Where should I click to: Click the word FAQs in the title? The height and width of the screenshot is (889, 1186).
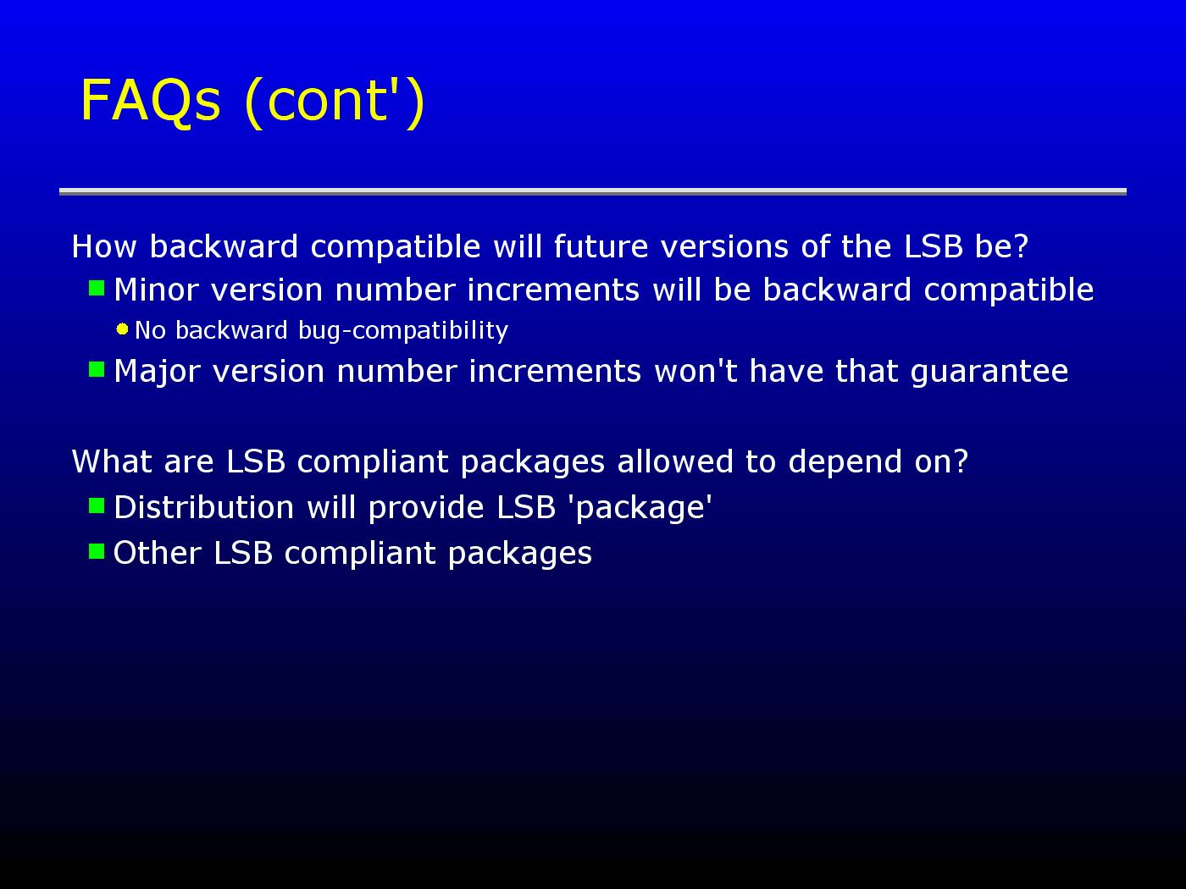[151, 101]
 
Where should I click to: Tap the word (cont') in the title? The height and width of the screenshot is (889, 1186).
[335, 102]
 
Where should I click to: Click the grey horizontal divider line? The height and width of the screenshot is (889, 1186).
[593, 191]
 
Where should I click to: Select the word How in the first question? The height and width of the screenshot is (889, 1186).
[104, 246]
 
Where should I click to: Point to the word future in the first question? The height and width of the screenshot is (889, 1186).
[601, 246]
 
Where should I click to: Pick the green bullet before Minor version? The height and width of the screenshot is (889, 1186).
[97, 288]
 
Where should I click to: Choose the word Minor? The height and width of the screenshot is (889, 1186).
[156, 290]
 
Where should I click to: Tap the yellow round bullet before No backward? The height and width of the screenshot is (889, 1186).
[123, 329]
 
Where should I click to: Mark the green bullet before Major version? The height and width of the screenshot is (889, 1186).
[97, 370]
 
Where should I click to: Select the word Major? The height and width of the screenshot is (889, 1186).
[158, 373]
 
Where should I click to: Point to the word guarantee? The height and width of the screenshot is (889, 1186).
[989, 373]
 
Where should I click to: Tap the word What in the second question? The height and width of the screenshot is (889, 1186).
[112, 462]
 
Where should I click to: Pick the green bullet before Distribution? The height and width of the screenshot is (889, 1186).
[97, 505]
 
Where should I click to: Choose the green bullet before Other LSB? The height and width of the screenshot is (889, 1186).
[97, 551]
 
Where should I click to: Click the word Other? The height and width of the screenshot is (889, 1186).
[158, 553]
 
